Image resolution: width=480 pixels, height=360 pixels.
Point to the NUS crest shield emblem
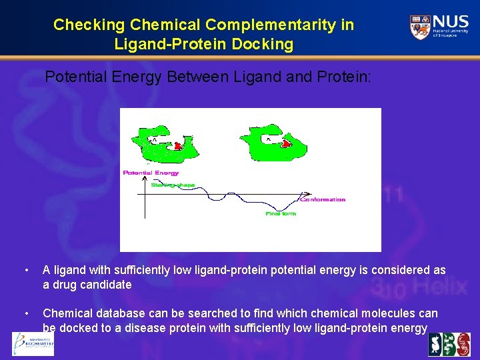(x=420, y=27)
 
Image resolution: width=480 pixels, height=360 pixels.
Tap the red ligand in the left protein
(x=178, y=145)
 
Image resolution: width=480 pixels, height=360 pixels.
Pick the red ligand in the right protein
(x=286, y=143)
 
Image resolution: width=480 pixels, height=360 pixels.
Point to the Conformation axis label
(x=323, y=199)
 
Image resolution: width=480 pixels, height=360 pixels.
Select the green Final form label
(x=281, y=214)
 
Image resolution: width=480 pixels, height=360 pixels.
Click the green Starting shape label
(x=173, y=185)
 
